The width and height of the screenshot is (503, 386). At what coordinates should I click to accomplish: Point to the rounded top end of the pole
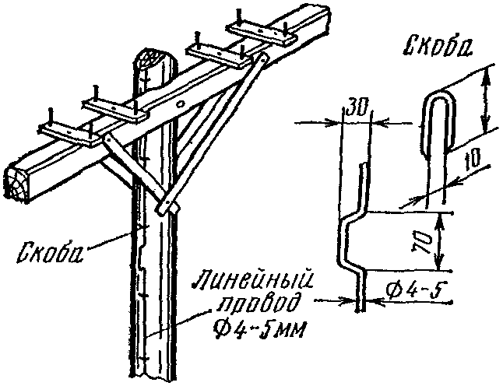click(150, 60)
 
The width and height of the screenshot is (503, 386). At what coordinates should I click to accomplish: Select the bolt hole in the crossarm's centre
click(181, 102)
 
